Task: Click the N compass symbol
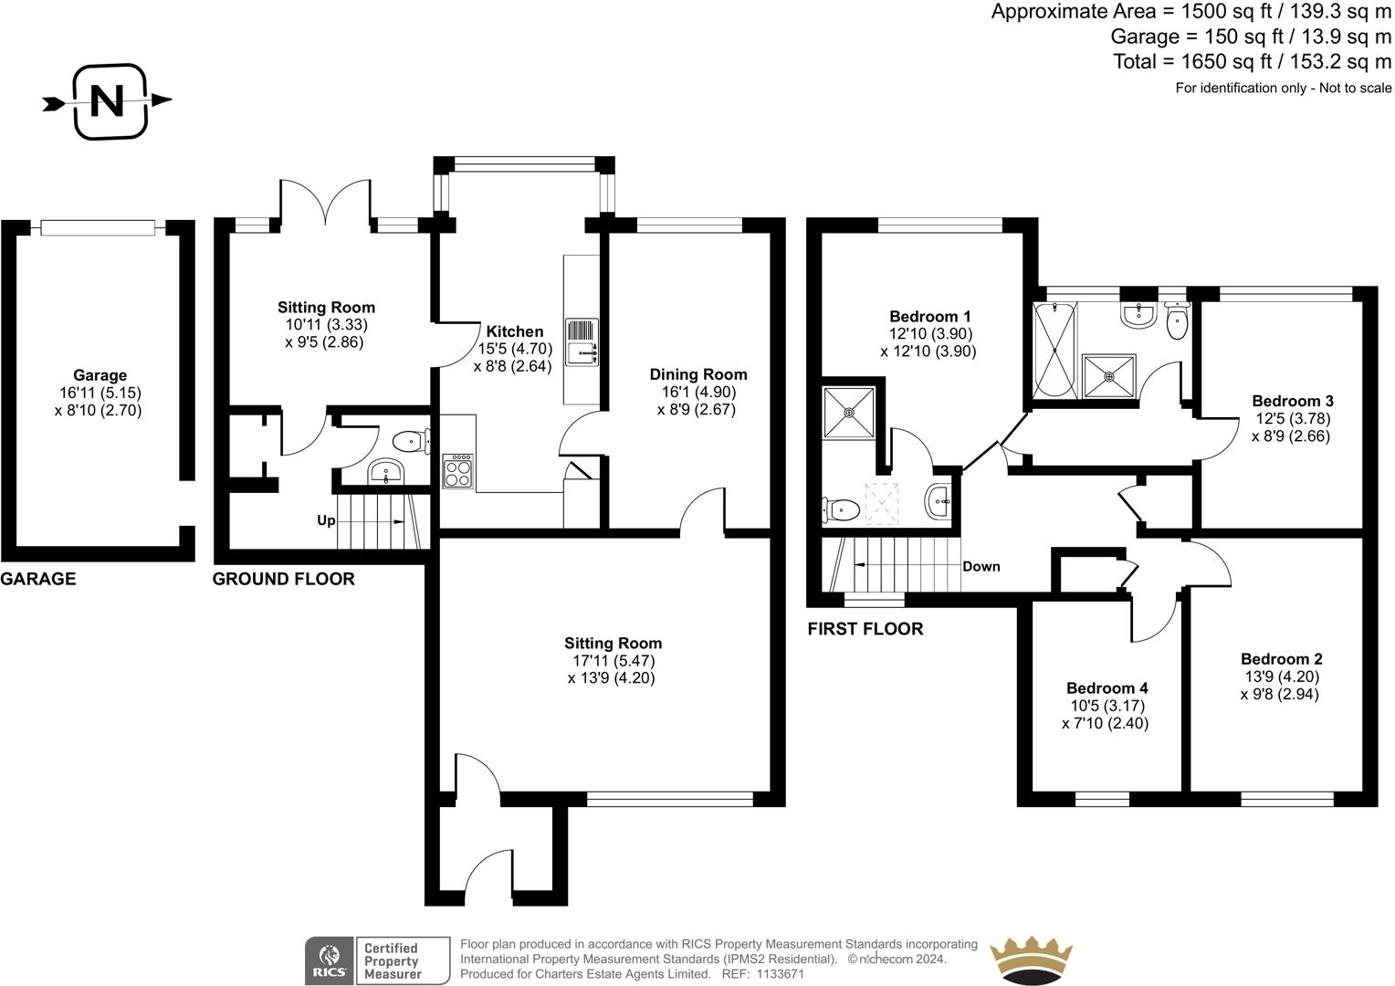109,100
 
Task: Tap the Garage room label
100,375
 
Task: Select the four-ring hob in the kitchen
458,471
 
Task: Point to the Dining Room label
697,374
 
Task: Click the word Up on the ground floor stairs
326,521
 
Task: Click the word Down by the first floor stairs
981,566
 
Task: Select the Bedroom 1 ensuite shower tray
849,413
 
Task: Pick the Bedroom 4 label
1107,688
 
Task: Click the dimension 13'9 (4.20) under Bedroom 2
1280,677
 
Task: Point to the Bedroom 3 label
1292,401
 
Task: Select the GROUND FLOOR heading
283,579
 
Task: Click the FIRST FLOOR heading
865,629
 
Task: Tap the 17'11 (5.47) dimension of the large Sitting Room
611,660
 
